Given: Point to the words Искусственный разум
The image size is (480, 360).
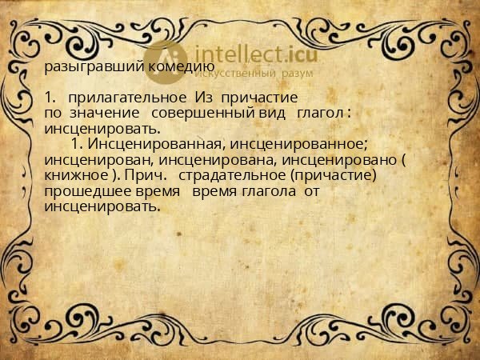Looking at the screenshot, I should (x=247, y=73).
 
